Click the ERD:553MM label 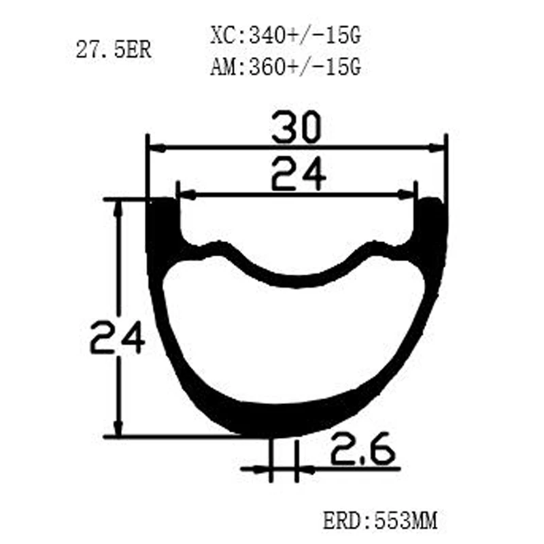[379, 522]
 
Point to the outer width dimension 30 [296, 129]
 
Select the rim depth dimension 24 [118, 337]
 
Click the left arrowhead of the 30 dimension [155, 146]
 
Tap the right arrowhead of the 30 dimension [439, 146]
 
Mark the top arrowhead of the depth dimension [120, 207]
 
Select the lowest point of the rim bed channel [296, 282]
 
